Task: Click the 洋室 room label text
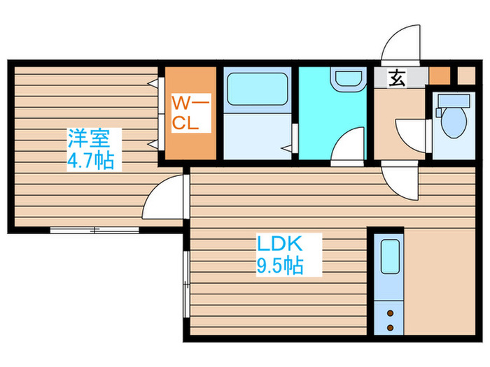point(89,138)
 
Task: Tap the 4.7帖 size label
point(90,160)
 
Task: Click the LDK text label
point(279,244)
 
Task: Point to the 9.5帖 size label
point(280,265)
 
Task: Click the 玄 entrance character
point(397,78)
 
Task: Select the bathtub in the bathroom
point(257,89)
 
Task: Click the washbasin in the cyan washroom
point(349,80)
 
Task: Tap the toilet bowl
point(454,122)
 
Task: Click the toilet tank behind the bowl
point(454,101)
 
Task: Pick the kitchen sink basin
point(390,257)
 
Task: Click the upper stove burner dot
point(390,313)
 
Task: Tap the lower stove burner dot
point(390,328)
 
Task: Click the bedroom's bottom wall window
point(94,230)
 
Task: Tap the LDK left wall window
point(186,284)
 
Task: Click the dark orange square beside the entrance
point(440,75)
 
